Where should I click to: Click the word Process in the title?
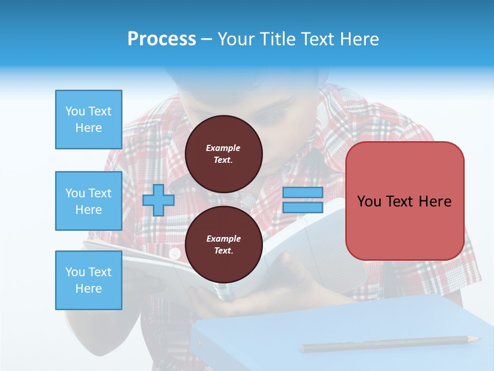tap(162, 39)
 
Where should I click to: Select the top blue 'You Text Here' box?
tap(89, 120)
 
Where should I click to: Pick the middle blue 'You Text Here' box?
tap(89, 201)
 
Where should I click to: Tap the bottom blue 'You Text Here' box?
tap(89, 280)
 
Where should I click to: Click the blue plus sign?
tap(158, 200)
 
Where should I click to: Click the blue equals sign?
tap(303, 200)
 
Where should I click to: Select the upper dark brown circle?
tap(224, 154)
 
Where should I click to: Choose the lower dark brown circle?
tap(224, 245)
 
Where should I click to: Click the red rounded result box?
tap(404, 201)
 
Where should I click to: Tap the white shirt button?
tap(175, 253)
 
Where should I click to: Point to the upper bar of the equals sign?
tap(303, 193)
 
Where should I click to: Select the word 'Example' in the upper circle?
tap(223, 148)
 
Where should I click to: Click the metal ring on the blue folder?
tap(199, 344)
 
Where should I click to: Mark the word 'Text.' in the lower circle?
tap(223, 251)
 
